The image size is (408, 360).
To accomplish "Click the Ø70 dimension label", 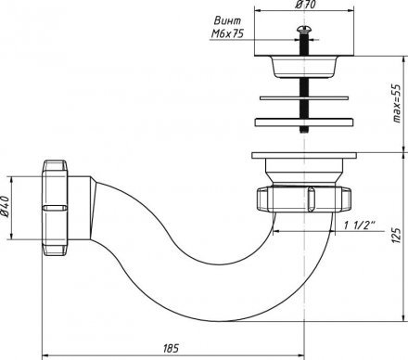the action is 305,5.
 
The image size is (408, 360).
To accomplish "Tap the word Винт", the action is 227,20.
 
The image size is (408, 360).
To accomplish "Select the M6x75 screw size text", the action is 227,33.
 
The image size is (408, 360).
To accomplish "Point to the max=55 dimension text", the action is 396,103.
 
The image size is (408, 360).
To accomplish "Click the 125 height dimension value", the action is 396,236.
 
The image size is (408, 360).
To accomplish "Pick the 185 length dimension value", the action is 171,348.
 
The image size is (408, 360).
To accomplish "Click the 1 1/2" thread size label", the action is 360,225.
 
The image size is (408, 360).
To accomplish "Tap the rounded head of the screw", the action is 304,30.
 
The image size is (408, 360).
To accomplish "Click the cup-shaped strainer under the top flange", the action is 303,67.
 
